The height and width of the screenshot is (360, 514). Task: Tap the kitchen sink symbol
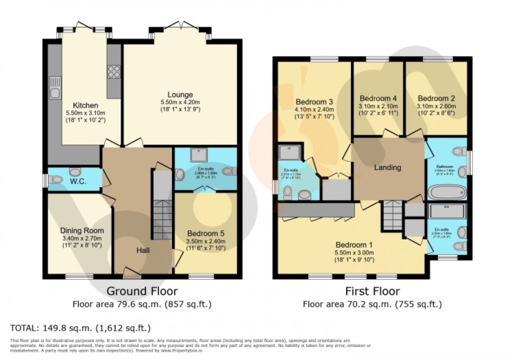[x=55, y=88]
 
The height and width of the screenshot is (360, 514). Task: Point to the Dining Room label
[x=81, y=230]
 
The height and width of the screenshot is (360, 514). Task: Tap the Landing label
[x=388, y=167]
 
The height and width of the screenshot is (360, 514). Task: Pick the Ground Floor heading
[x=142, y=291]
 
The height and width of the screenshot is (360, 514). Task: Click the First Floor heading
[x=372, y=291]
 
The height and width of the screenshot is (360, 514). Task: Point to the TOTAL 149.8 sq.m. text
[x=81, y=328]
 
